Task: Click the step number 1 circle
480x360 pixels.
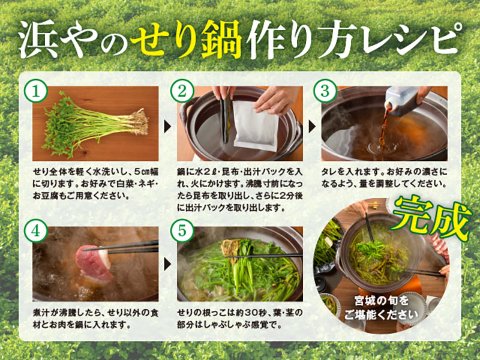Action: click(36, 91)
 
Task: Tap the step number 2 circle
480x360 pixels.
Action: click(182, 91)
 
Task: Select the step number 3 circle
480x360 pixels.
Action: click(325, 91)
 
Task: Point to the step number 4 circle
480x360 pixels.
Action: click(36, 231)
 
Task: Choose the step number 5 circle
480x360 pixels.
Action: click(182, 231)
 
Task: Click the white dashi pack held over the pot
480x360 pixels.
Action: click(256, 125)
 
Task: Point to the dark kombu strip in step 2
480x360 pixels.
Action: click(226, 118)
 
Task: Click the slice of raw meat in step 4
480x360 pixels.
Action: click(94, 264)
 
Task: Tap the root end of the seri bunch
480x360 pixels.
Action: click(139, 122)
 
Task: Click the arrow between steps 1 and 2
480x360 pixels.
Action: click(167, 127)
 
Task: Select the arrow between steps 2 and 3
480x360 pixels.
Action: click(311, 127)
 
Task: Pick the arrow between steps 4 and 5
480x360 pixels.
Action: click(167, 265)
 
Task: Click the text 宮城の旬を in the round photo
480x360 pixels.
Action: click(381, 301)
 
